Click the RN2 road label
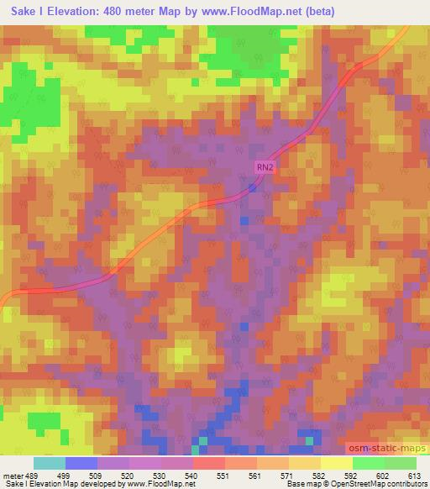pos(265,168)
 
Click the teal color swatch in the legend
pos(49,463)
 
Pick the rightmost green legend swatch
pos(400,463)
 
